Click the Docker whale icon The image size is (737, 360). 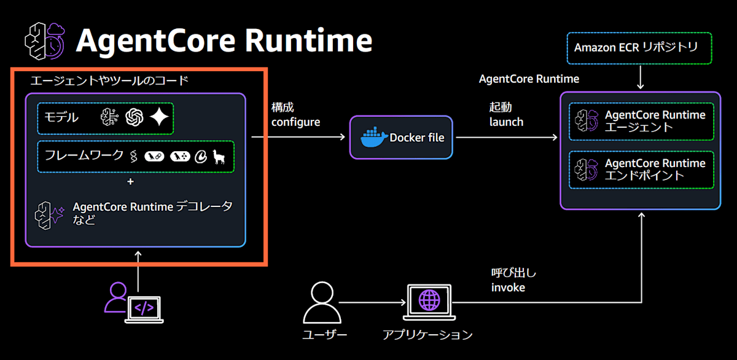374,137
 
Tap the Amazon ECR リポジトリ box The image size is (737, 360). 639,48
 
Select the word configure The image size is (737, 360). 295,122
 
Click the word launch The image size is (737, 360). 506,122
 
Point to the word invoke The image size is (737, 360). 508,288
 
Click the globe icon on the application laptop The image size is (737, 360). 429,300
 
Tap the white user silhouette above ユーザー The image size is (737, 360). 322,302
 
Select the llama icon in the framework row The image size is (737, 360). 219,157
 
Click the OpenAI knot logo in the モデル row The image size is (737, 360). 135,117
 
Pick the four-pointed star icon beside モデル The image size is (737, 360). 160,117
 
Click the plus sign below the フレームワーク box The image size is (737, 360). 131,182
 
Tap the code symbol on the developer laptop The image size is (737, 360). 144,308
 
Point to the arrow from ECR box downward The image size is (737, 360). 640,77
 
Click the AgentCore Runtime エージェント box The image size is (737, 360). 641,122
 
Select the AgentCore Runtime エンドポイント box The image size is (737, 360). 641,170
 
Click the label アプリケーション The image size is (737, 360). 427,335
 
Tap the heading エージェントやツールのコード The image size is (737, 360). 109,80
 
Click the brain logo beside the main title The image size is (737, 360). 45,41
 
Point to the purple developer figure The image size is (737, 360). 116,297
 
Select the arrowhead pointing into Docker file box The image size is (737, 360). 342,137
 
